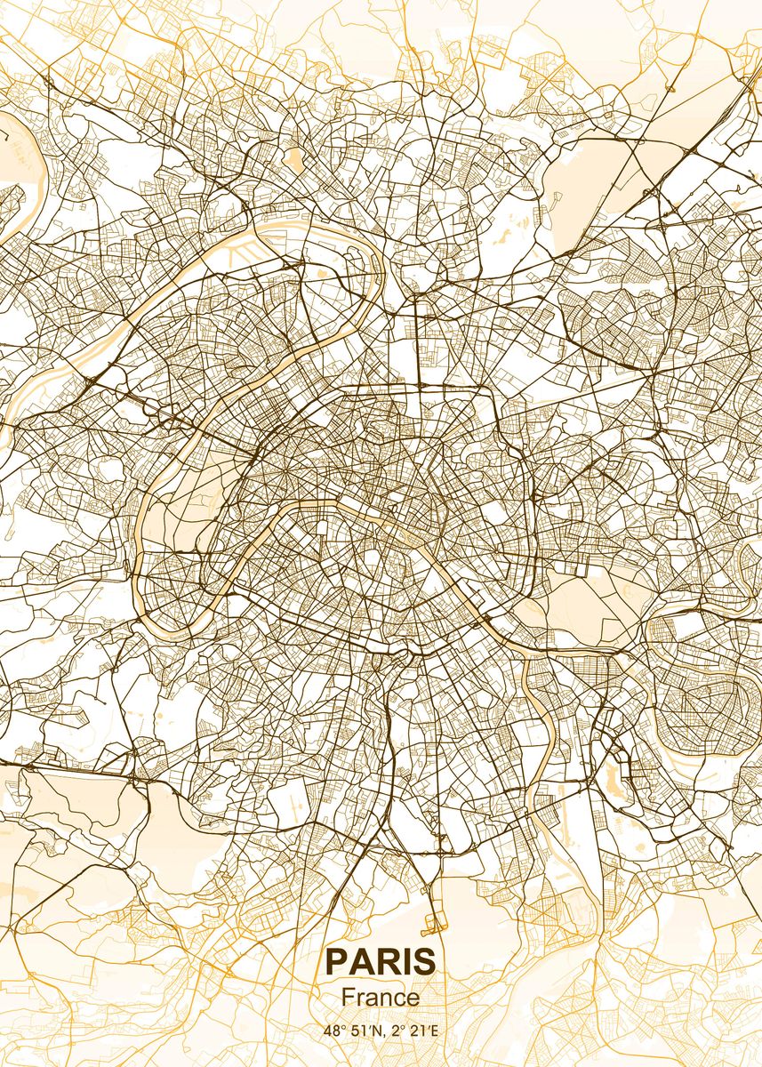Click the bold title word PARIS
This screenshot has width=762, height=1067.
[x=381, y=961]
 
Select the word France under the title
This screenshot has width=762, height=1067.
[x=381, y=998]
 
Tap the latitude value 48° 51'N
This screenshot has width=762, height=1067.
[x=349, y=1031]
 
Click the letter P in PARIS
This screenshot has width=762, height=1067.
[x=336, y=961]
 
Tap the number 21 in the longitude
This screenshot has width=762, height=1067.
[x=415, y=1031]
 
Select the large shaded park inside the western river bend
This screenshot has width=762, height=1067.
[x=191, y=498]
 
